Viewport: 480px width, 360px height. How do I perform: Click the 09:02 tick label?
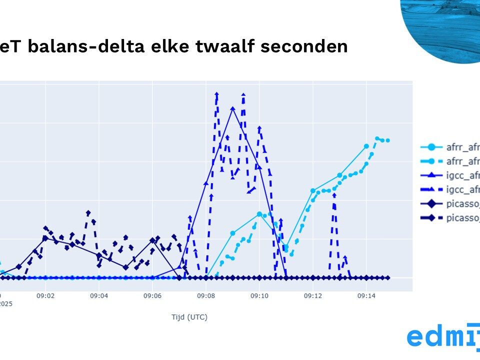pyautogui.click(x=45, y=296)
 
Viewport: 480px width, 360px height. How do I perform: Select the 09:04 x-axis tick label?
pyautogui.click(x=99, y=296)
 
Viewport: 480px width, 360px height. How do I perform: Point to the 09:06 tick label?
pyautogui.click(x=152, y=296)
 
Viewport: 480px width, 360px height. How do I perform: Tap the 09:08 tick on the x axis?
pyautogui.click(x=206, y=296)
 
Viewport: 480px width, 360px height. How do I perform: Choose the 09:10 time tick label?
pyautogui.click(x=259, y=296)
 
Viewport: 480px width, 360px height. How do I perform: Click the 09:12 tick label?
pyautogui.click(x=313, y=296)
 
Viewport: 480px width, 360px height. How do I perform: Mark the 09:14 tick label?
pyautogui.click(x=366, y=296)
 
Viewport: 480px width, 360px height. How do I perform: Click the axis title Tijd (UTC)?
pyautogui.click(x=189, y=317)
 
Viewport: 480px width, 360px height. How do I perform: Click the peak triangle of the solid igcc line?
pyautogui.click(x=232, y=108)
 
